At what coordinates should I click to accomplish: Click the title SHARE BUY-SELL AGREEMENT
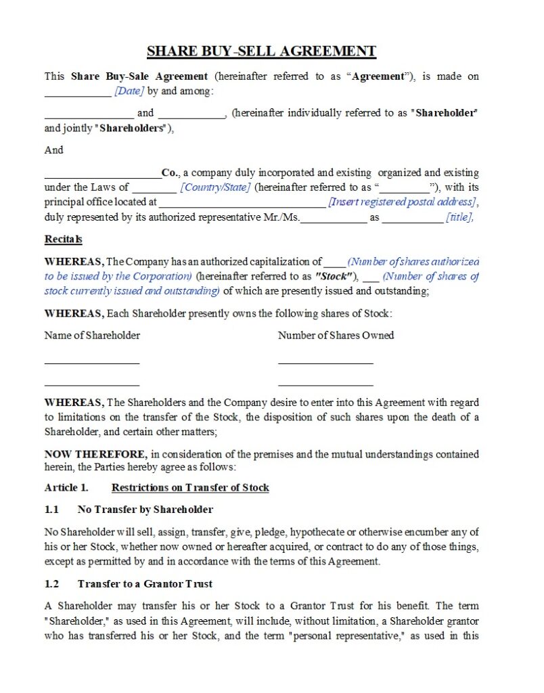[261, 51]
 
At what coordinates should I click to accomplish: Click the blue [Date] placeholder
[129, 91]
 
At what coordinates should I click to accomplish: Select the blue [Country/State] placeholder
[215, 187]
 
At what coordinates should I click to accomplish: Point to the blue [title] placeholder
[459, 218]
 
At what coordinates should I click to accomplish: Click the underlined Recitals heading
[64, 240]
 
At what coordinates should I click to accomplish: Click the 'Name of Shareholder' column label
[92, 336]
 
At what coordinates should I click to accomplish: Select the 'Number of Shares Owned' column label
[336, 336]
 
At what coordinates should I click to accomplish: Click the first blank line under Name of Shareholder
[92, 363]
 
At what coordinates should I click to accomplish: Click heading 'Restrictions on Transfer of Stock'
[190, 488]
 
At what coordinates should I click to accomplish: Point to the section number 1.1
[52, 510]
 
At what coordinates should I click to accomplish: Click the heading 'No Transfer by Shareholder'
[145, 510]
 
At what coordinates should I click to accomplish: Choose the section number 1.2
[52, 583]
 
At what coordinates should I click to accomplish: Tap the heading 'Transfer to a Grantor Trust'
[145, 583]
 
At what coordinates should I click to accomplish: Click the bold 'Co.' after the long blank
[170, 173]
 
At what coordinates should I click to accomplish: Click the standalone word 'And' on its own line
[54, 150]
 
